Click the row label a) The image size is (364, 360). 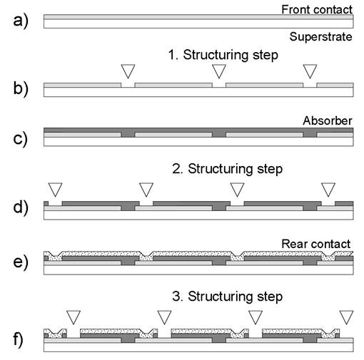(21, 21)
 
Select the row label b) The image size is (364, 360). (21, 89)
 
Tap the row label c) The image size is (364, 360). (21, 139)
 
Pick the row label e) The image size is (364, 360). (21, 262)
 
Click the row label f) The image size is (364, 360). (18, 339)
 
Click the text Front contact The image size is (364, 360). (317, 10)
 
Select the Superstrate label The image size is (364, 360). (320, 37)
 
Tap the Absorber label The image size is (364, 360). (328, 120)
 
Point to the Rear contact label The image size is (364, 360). (316, 244)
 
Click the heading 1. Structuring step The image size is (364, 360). (223, 55)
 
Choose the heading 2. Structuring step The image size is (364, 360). (228, 169)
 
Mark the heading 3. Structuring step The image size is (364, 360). (228, 297)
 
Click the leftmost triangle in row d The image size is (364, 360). (55, 188)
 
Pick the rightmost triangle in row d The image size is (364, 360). (328, 188)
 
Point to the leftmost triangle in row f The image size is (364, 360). (74, 316)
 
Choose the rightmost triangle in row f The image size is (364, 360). (346, 316)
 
